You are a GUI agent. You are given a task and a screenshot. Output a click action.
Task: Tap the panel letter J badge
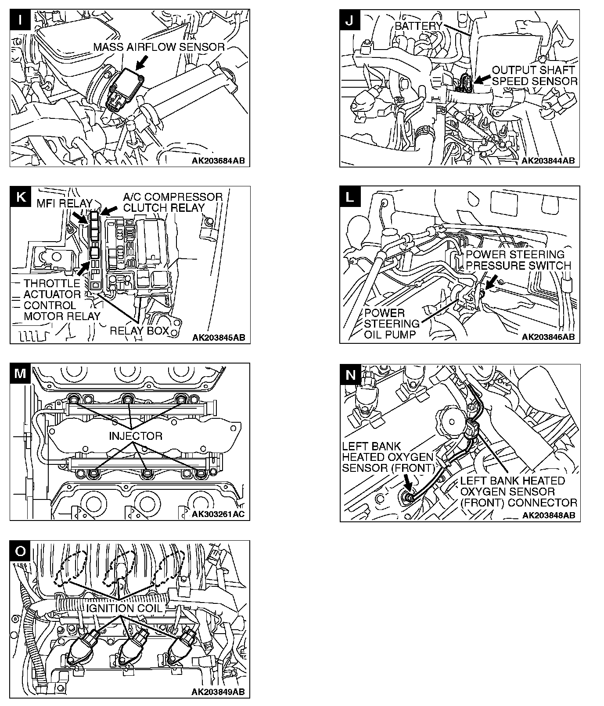coord(350,21)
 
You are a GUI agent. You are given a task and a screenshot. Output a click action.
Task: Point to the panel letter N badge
coord(350,374)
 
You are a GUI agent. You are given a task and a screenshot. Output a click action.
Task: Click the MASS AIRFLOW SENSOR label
coord(159,47)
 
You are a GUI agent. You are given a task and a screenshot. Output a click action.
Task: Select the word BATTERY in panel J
coord(418,26)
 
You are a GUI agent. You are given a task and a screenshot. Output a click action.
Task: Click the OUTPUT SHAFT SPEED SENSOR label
coord(534,75)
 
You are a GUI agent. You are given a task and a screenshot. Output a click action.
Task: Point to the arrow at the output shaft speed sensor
coord(482,79)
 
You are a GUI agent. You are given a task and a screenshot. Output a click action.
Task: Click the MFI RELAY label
coord(64,203)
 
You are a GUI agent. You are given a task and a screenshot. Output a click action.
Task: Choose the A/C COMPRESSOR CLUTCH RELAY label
coord(173,202)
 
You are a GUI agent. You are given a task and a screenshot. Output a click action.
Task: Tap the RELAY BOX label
coord(139,330)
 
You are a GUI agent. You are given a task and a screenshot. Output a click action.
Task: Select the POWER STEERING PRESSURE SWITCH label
coord(518,260)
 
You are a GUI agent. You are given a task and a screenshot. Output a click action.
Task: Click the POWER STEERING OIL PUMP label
coord(392,324)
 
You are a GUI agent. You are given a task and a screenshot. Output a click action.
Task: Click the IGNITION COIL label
coord(124,608)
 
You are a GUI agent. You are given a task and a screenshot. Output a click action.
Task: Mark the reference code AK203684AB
coord(218,160)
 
